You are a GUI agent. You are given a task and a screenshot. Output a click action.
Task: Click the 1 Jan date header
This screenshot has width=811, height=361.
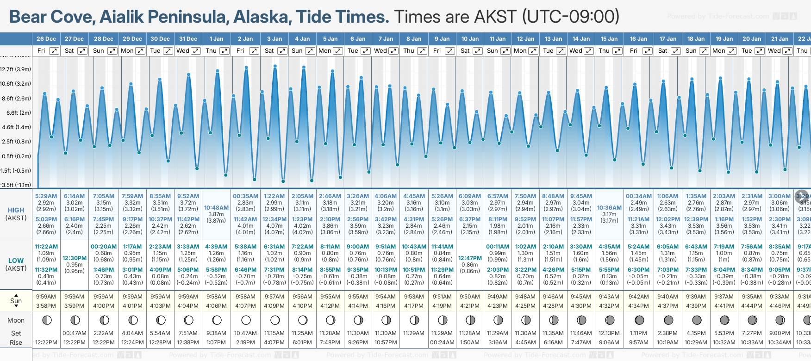tap(216, 39)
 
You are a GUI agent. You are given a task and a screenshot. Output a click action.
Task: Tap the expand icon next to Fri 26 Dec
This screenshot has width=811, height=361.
tap(54, 51)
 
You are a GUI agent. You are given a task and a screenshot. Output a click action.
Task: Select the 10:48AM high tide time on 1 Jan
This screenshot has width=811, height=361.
tap(216, 208)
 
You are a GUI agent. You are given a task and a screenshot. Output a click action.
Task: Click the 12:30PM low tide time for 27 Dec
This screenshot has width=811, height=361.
tap(75, 258)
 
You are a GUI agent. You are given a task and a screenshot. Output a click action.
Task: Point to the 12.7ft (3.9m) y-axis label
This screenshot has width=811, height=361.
tap(16, 69)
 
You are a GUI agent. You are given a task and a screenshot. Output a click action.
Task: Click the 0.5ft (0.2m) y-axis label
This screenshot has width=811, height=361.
tap(16, 156)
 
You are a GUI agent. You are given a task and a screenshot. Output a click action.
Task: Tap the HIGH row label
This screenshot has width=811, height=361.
tap(16, 210)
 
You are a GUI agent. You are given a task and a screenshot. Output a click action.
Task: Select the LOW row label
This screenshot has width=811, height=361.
tap(16, 261)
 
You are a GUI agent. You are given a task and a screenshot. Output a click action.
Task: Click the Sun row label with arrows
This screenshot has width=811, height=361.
tap(16, 301)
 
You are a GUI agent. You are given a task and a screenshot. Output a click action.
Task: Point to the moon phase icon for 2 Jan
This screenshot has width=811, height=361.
tap(246, 320)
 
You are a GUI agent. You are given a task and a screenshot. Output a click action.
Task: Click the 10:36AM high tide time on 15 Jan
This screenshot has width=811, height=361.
tap(609, 208)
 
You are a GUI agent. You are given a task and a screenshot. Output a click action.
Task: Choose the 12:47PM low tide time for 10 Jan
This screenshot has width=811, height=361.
tap(470, 258)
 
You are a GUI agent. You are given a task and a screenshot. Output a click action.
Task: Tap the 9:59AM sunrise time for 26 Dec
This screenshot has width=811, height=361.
tap(46, 297)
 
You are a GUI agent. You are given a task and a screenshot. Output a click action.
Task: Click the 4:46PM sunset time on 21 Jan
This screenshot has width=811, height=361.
tap(780, 306)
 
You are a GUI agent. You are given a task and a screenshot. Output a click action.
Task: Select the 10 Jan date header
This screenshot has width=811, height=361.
tap(470, 39)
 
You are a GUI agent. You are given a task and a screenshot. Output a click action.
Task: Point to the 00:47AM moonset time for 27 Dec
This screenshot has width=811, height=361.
tap(75, 333)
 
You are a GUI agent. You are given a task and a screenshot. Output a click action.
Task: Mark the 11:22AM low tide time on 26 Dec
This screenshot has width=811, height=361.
tap(46, 247)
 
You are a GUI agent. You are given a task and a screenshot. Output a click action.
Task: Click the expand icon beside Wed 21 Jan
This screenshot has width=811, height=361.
tap(787, 51)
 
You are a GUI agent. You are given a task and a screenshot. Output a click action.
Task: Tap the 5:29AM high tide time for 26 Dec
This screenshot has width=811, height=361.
tap(46, 196)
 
